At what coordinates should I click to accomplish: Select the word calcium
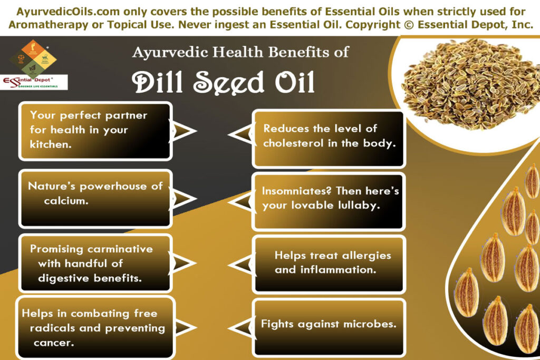click(65, 201)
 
